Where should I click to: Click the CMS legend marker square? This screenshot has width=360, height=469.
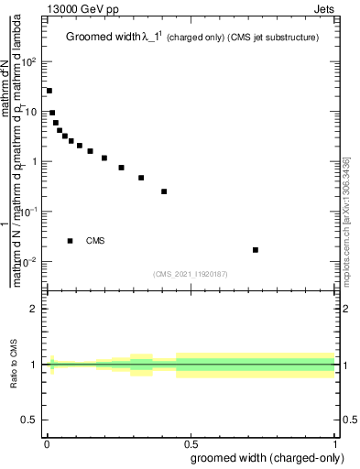[x=71, y=241]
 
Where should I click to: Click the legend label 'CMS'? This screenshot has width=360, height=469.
[x=95, y=241]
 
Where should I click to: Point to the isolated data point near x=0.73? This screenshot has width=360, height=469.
[x=256, y=249]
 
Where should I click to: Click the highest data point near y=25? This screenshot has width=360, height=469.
[x=49, y=91]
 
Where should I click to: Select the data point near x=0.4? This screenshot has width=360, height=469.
[x=164, y=191]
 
